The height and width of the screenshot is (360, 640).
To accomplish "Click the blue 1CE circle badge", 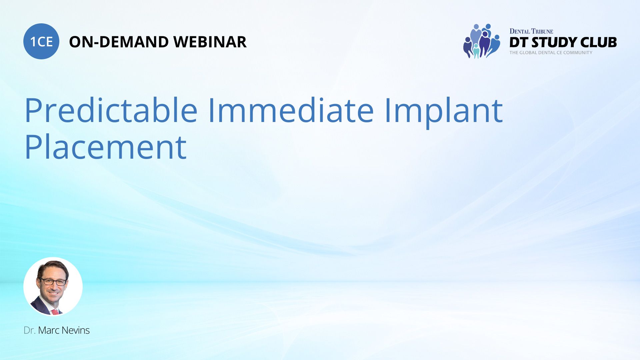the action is tap(41, 41).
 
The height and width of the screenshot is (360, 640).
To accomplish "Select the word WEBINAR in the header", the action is tap(210, 42).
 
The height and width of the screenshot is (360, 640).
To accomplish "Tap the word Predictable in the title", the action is tap(111, 110).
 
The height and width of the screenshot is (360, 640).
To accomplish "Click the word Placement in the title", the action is tap(106, 147).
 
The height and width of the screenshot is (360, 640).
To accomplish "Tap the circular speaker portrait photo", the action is tap(53, 286).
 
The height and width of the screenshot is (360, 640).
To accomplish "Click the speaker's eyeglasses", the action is tap(53, 282).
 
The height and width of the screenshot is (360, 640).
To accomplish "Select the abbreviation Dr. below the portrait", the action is tap(29, 330).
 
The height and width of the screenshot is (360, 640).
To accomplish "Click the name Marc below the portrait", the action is tap(49, 330).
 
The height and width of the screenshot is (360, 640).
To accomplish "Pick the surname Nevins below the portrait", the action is tap(76, 330).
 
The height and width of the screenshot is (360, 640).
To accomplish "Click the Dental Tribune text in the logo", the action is tap(531, 31).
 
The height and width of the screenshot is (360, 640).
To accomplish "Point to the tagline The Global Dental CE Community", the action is tap(551, 53).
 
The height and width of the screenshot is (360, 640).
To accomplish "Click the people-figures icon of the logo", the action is tap(482, 41).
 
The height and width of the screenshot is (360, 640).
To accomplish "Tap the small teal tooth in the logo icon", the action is tap(476, 52).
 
